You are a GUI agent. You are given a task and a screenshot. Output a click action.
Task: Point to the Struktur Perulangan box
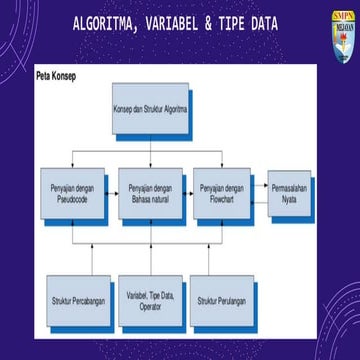coord(221,300)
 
